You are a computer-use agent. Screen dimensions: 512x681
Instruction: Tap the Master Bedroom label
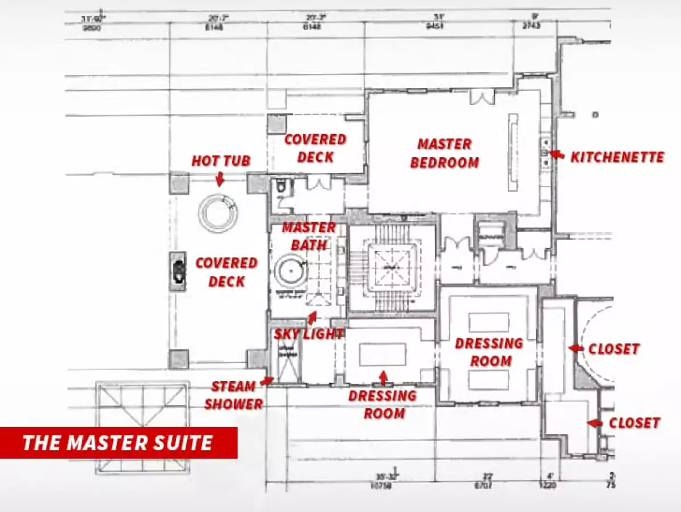click(445, 153)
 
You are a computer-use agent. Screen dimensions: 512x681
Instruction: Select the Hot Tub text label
click(221, 161)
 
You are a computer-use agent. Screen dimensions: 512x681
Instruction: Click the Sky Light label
click(309, 334)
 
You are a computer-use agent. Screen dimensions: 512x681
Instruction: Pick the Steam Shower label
click(233, 395)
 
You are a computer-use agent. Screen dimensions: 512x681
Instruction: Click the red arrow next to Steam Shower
click(267, 381)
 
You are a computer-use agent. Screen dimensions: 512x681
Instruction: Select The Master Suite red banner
click(118, 442)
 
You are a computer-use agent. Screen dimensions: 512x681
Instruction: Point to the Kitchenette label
click(617, 157)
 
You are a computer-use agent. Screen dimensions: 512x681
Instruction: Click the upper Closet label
click(613, 349)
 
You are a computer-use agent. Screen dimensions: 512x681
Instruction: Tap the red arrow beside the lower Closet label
click(594, 423)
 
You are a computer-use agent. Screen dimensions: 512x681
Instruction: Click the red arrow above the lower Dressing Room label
click(384, 376)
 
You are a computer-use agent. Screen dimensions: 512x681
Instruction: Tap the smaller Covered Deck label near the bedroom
click(315, 148)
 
